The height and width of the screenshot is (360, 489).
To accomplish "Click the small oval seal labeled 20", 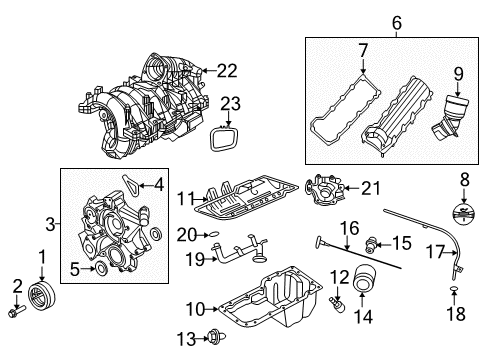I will coord(213,236).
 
